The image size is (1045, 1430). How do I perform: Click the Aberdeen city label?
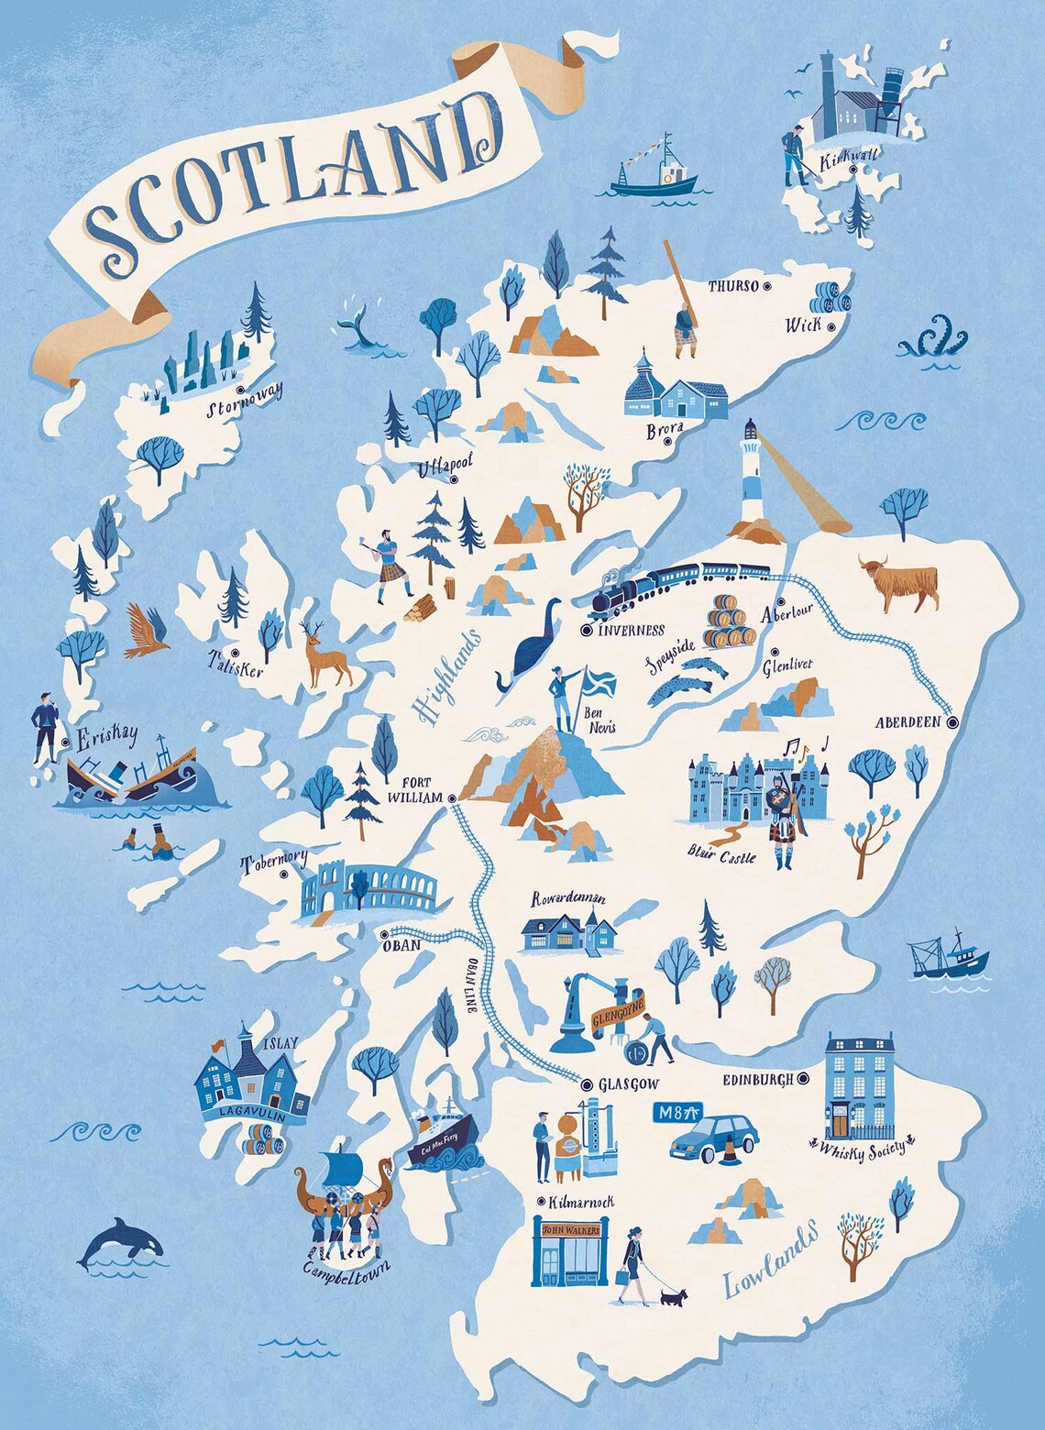tap(907, 722)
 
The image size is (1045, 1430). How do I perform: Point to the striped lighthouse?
tap(752, 472)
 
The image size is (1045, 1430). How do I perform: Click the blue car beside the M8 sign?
tap(715, 1138)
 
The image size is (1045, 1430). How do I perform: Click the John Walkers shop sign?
tap(571, 1230)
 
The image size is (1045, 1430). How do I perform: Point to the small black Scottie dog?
tap(673, 1296)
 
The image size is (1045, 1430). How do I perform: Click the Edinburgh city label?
tap(757, 1080)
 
